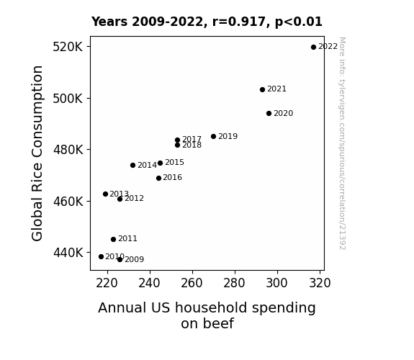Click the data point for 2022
[313, 48]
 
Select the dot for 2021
[262, 90]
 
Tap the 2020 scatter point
[269, 114]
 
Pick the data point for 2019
[213, 137]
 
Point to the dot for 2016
[158, 179]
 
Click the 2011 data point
[113, 240]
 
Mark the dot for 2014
[132, 166]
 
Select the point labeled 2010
[101, 257]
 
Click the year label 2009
[135, 260]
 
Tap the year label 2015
[174, 163]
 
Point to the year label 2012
[134, 198]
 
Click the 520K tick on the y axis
[68, 47]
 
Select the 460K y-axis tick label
[68, 202]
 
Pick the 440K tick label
[68, 253]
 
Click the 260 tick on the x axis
[192, 283]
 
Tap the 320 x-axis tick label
[320, 283]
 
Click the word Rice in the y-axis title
[37, 178]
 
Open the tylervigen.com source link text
[342, 143]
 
